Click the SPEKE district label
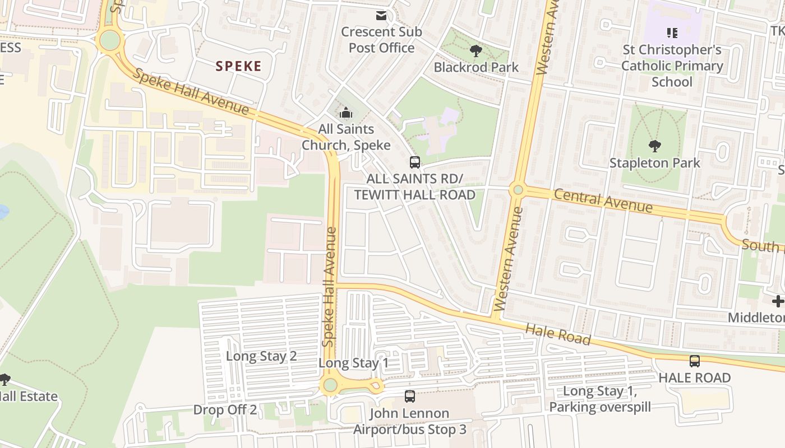point(239,66)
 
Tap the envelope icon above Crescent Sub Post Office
point(381,16)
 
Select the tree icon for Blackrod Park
point(476,52)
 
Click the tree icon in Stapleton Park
point(654,147)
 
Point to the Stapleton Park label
point(654,163)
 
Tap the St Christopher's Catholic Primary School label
point(672,66)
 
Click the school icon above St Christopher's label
point(672,33)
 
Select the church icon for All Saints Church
point(346,113)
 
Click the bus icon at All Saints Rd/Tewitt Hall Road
point(414,162)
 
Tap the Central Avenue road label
point(603,200)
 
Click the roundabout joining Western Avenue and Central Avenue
point(518,190)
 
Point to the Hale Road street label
point(558,335)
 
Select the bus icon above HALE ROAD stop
point(695,361)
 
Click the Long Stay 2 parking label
point(261,356)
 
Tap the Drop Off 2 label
point(225,409)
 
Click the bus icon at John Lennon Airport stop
point(410,396)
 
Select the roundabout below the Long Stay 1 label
point(330,385)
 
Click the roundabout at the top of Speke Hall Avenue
point(109,40)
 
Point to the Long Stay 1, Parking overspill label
point(600,399)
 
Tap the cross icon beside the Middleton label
point(778,301)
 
